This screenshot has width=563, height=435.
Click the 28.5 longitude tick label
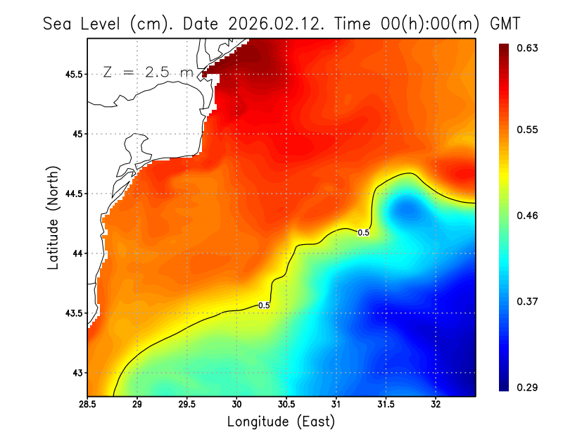(x=88, y=404)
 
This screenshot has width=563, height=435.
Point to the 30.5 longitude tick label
(x=286, y=404)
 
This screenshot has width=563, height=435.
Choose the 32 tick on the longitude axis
(x=436, y=404)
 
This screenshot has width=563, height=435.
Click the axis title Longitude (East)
(x=281, y=422)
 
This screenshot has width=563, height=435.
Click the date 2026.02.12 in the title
(x=268, y=23)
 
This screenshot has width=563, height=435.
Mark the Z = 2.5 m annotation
(x=147, y=72)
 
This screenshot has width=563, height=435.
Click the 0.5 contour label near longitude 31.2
(x=364, y=232)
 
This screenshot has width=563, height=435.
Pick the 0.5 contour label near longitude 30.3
(x=265, y=305)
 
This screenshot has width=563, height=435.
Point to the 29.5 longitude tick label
(x=187, y=404)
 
